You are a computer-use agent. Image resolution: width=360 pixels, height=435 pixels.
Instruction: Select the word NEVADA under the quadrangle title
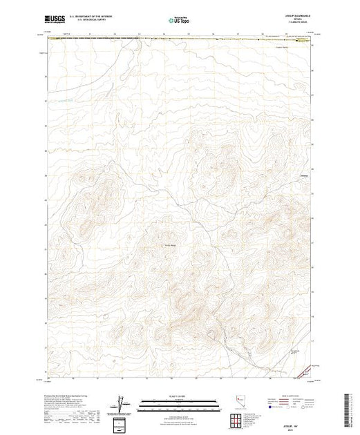[301, 21]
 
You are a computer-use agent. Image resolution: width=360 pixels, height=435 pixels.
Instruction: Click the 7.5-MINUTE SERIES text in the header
[301, 25]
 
